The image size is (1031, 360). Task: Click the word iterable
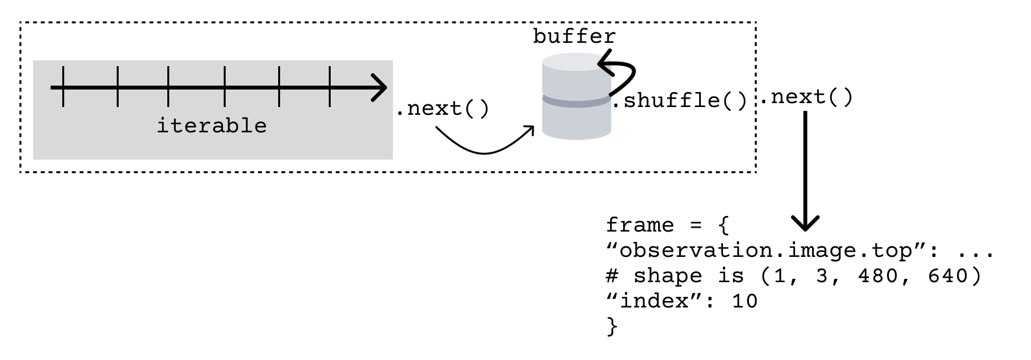211,125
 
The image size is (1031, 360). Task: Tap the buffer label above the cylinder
574,36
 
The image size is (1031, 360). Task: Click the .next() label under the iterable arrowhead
442,108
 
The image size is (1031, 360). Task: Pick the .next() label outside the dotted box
805,98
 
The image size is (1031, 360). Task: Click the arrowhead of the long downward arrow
805,223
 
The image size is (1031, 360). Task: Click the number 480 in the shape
879,276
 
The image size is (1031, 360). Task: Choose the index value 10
744,302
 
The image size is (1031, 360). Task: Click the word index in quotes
654,302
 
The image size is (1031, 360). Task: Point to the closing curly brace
611,326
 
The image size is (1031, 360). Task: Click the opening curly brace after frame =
724,226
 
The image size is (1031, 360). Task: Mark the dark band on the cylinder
576,100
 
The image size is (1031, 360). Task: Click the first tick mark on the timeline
63,86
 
